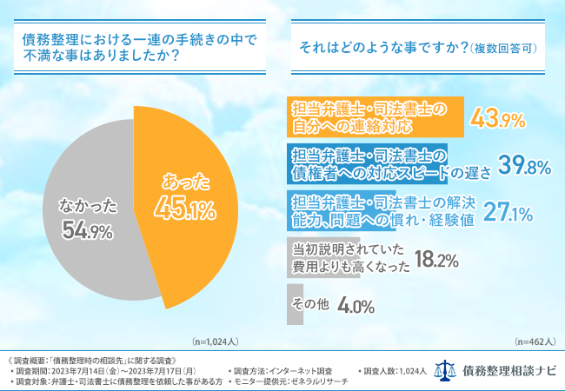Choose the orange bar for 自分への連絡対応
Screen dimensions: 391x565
(x=374, y=117)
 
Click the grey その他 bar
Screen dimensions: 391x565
(x=295, y=305)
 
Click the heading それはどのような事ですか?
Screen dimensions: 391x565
(x=383, y=48)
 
